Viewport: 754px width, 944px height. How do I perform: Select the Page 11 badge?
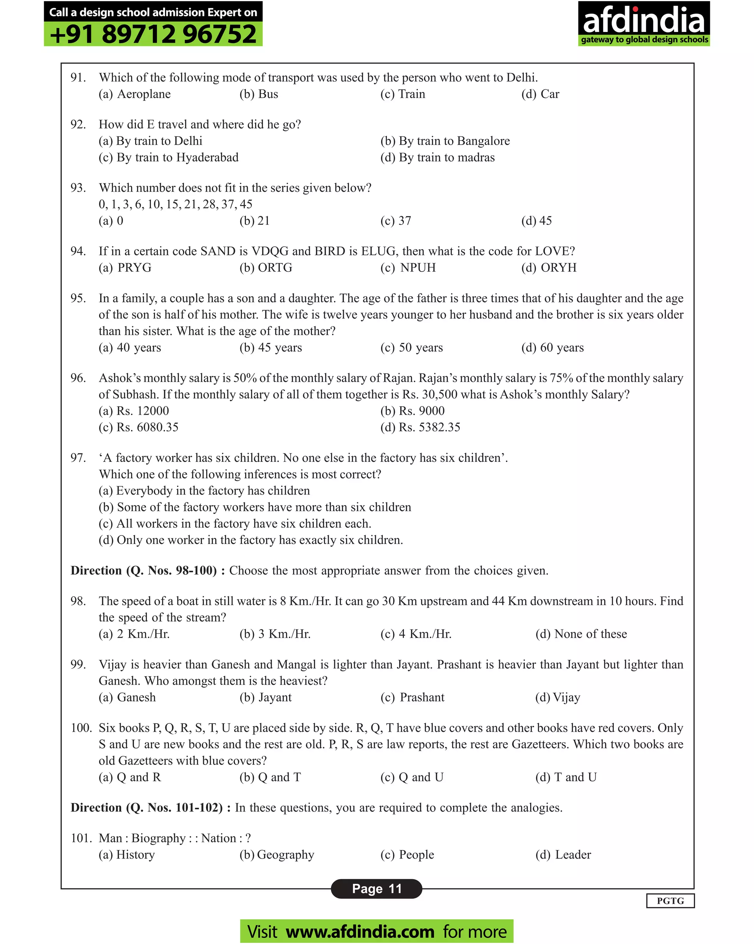click(376, 888)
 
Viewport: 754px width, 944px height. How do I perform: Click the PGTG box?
click(670, 901)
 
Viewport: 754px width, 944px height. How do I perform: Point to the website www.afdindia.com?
click(360, 931)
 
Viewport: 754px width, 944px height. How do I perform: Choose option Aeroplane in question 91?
click(144, 94)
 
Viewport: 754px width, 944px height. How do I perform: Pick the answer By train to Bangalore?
click(454, 141)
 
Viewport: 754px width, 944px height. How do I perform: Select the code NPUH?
click(417, 268)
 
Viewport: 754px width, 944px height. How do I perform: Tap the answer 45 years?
click(279, 348)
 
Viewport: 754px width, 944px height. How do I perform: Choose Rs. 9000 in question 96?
click(421, 411)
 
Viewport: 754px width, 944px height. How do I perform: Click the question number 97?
click(78, 458)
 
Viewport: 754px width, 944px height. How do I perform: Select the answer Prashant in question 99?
click(422, 697)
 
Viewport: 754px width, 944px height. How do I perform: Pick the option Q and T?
click(279, 777)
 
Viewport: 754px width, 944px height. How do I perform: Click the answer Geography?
click(285, 855)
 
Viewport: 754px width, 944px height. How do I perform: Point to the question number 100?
click(81, 728)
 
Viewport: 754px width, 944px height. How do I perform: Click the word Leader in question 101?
click(572, 855)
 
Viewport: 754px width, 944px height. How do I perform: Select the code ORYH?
click(558, 268)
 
